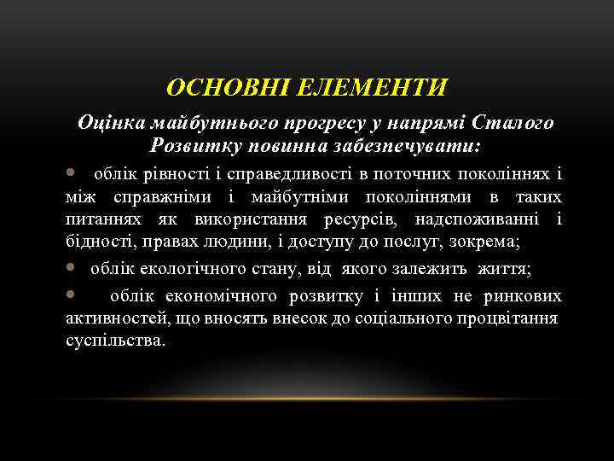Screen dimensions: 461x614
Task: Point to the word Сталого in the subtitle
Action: click(x=512, y=123)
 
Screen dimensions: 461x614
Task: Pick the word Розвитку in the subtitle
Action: click(x=188, y=146)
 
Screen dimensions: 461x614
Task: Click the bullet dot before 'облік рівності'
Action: click(x=72, y=174)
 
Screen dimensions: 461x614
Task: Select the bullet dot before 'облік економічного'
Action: click(x=72, y=295)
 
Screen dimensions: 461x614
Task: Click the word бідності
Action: click(x=94, y=242)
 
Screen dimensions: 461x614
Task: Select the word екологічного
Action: click(x=185, y=271)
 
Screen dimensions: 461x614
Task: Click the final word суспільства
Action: click(x=116, y=341)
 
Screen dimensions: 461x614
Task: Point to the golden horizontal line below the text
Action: click(x=307, y=399)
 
